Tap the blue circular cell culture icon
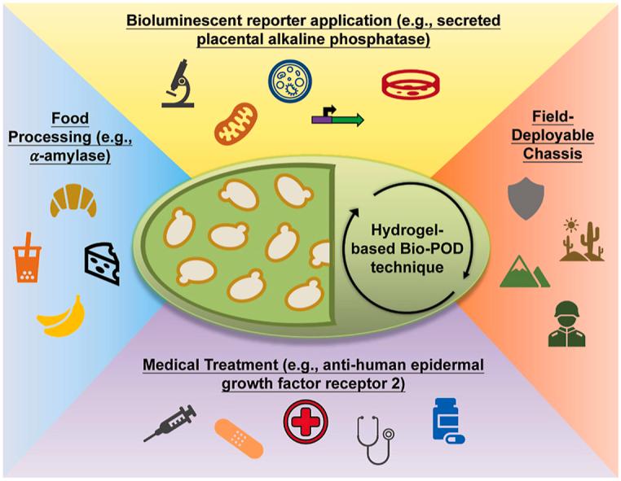pos(291,82)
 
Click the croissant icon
pos(73,200)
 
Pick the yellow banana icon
pos(62,317)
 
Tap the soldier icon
pos(569,323)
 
